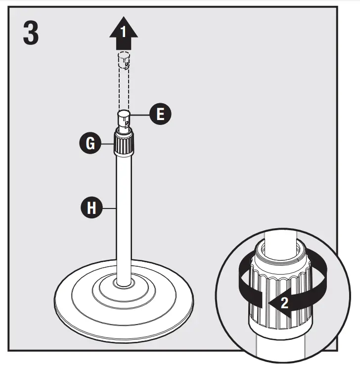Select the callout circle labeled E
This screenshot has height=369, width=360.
coord(160,114)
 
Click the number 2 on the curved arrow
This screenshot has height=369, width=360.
coord(284,302)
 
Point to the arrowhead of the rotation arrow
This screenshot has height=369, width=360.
coord(273,302)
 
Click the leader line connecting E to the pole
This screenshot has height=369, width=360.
coord(141,114)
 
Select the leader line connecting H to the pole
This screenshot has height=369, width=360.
coord(109,208)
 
